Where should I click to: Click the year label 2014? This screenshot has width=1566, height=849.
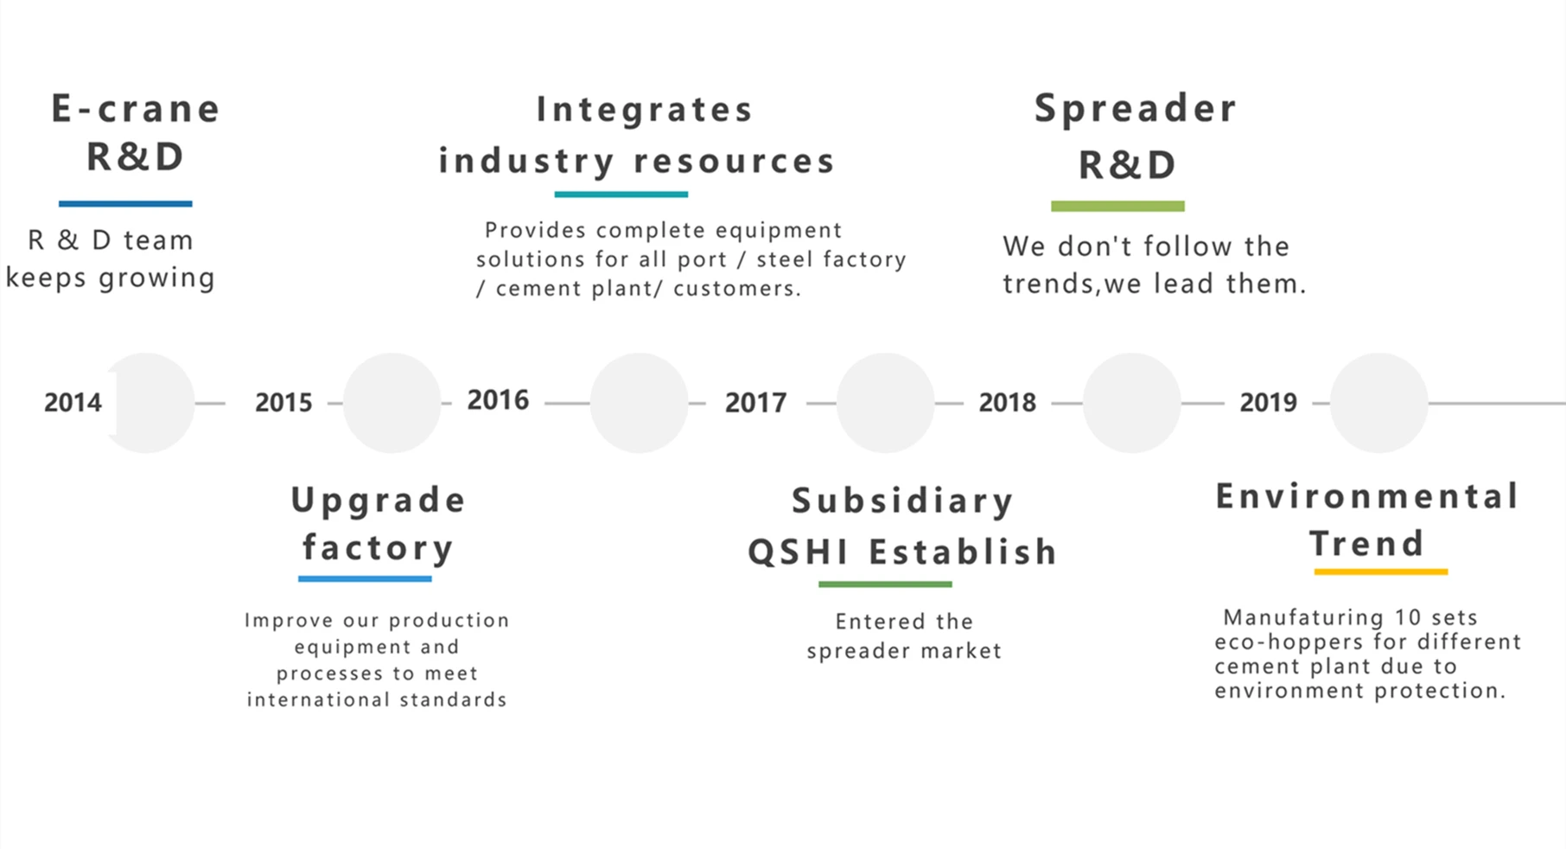coord(73,402)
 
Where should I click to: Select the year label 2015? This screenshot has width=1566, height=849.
coord(283,402)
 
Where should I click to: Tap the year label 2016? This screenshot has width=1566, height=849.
coord(498,399)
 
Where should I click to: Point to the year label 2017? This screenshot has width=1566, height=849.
coord(755,402)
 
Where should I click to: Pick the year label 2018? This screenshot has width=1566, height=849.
coord(1007,402)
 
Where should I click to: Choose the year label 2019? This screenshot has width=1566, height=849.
coord(1268,402)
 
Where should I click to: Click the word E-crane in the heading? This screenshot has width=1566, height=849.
coord(136,109)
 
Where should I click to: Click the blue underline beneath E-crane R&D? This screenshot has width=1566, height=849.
coord(125,204)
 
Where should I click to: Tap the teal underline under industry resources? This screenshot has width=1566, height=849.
coord(621,195)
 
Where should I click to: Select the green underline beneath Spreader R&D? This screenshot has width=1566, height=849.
coord(1117,206)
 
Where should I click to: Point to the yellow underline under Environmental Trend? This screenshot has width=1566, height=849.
coord(1381,571)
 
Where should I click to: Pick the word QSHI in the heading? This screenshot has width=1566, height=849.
coord(798,552)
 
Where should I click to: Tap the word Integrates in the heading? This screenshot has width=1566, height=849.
coord(645,110)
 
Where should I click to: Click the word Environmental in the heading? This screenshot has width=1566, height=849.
coord(1367,496)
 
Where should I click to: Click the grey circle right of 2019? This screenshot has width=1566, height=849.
coord(1378,403)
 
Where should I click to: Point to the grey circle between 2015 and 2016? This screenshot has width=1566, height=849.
coord(392,403)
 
